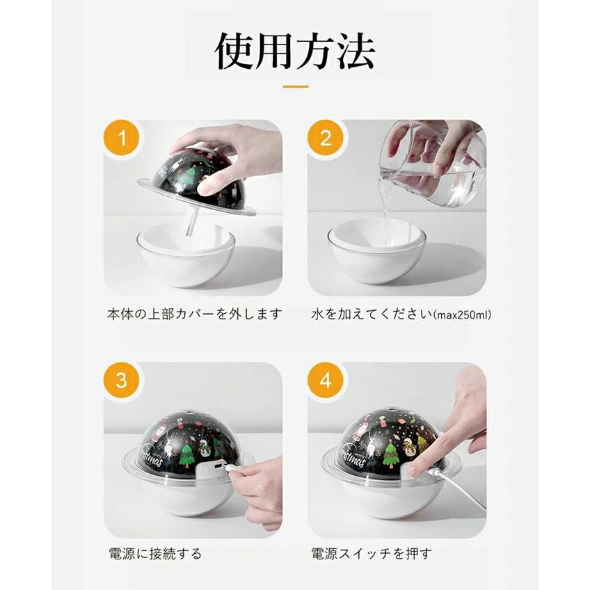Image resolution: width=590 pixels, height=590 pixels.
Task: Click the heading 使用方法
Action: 294,51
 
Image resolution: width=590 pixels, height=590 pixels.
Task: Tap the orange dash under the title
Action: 295,87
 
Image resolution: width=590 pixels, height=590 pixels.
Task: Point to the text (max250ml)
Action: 463,315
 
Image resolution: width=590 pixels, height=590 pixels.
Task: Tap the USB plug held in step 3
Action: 230,472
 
